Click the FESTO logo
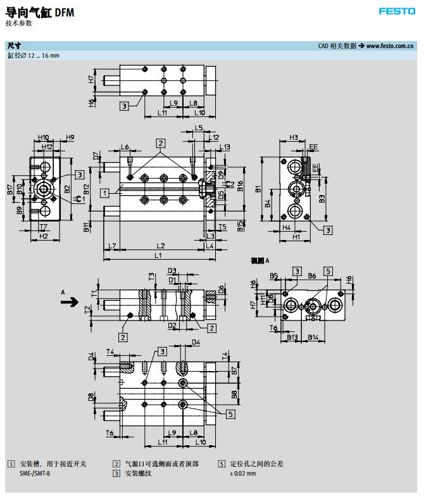pos(397,11)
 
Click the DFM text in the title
pos(64,12)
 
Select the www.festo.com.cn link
pos(390,46)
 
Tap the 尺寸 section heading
pos(14,46)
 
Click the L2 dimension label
pos(161,245)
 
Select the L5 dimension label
pos(198,128)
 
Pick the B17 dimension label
pos(11,188)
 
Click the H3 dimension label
pos(293,137)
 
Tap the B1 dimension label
pos(258,188)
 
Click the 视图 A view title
pos(260,260)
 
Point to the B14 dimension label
pos(313,337)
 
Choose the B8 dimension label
pos(234,395)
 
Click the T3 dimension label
pos(151,275)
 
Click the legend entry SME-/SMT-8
pos(34,473)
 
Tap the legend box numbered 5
pos(222,464)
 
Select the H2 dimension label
pos(44,236)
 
